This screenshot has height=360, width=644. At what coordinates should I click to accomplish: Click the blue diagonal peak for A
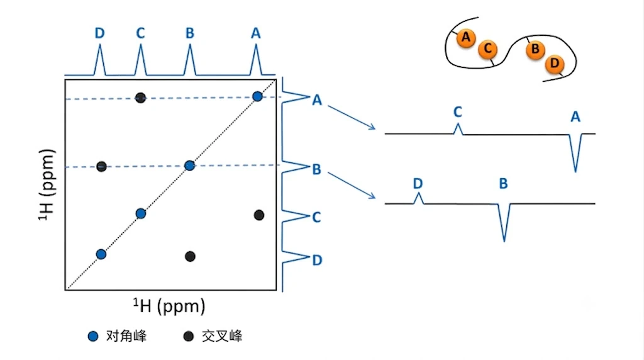tap(257, 96)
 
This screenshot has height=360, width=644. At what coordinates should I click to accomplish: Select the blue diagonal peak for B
tap(189, 166)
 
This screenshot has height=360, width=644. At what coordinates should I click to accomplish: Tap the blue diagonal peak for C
tap(141, 214)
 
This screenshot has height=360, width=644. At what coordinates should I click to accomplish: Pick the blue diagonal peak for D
tap(101, 254)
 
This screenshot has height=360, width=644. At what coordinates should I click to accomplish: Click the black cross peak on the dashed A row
tap(140, 98)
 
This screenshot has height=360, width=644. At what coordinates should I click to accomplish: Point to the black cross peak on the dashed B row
tap(101, 166)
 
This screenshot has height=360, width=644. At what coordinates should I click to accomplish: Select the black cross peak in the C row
tap(258, 215)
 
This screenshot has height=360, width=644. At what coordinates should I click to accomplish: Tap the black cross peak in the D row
tap(190, 256)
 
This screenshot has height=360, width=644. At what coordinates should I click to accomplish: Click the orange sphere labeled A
tap(466, 38)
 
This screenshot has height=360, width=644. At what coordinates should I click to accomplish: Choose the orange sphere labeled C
tap(487, 49)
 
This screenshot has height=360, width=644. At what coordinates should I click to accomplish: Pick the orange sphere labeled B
tap(535, 50)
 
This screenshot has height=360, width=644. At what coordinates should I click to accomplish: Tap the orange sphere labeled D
tap(555, 64)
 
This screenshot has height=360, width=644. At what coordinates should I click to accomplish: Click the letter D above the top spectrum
tap(100, 33)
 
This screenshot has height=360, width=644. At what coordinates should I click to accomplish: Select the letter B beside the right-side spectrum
tap(316, 169)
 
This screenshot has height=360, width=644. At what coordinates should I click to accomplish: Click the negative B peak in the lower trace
tap(504, 222)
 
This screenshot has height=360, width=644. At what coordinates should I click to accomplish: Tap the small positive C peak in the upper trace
tap(458, 129)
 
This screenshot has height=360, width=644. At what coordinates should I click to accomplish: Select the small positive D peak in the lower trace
tap(418, 198)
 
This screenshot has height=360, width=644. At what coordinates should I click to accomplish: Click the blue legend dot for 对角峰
tap(93, 336)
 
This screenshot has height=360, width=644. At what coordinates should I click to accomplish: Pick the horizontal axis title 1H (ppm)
tap(169, 306)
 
